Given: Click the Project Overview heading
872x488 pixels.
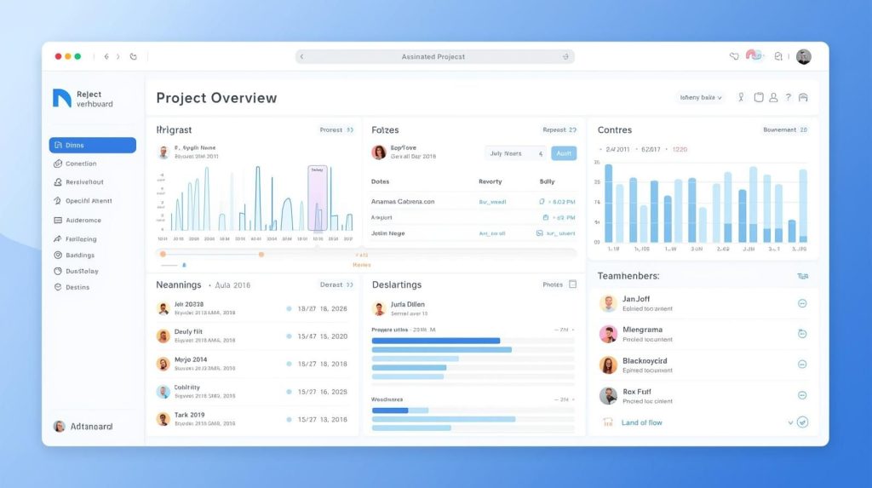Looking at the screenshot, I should coord(216,98).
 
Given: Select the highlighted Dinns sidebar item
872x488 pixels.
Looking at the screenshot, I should coord(92,145).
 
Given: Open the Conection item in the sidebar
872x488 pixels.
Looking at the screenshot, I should coord(81,164).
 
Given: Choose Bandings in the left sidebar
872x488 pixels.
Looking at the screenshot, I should coord(80,255).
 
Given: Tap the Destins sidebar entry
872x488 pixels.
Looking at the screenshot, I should coord(77,287).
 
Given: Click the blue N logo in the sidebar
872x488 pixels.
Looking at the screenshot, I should coord(61,98).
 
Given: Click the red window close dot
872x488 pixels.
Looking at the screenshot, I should coord(58,56).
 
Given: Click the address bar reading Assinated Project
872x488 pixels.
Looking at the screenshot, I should coord(434,56).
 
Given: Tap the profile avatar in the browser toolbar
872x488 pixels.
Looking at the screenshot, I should coord(803,56).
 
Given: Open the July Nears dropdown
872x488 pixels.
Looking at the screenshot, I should coord(515,153).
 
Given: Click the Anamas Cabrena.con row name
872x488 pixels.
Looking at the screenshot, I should coord(403,202).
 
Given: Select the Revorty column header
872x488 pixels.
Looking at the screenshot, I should coord(490,181).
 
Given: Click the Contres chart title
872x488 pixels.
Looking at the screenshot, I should coord(614,130).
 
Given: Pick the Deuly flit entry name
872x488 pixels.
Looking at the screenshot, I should coord(188,331).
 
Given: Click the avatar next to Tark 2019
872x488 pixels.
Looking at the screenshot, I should coord(163,419).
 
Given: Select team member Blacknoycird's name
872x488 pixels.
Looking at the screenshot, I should coord(645,360).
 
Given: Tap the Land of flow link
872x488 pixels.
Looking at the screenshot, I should coord(641,422).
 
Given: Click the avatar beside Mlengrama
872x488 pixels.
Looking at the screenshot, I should coord(608,334).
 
